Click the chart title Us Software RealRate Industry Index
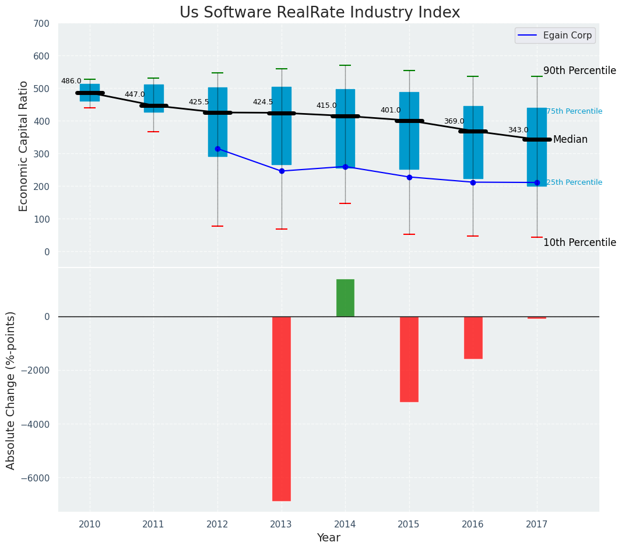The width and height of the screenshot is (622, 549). pyautogui.click(x=319, y=13)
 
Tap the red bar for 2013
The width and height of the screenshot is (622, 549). pyautogui.click(x=282, y=408)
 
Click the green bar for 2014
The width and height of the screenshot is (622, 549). pyautogui.click(x=345, y=298)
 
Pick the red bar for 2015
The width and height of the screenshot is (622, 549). pyautogui.click(x=409, y=359)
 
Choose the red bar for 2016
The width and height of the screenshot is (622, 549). pyautogui.click(x=473, y=337)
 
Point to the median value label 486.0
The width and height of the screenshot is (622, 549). pyautogui.click(x=71, y=81)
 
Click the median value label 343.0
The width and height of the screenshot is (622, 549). pyautogui.click(x=518, y=130)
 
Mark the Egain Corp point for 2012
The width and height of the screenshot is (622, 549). pyautogui.click(x=217, y=149)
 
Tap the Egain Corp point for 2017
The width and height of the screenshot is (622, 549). pyautogui.click(x=537, y=182)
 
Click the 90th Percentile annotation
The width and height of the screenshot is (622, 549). pyautogui.click(x=579, y=71)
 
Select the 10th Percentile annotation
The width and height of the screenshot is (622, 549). pyautogui.click(x=579, y=242)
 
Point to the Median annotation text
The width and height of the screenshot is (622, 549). pyautogui.click(x=570, y=140)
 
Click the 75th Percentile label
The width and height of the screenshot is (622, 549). pyautogui.click(x=574, y=111)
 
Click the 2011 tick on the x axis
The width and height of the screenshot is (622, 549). pyautogui.click(x=153, y=524)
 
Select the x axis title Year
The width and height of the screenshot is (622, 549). pyautogui.click(x=329, y=538)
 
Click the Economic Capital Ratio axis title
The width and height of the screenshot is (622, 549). pyautogui.click(x=24, y=146)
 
